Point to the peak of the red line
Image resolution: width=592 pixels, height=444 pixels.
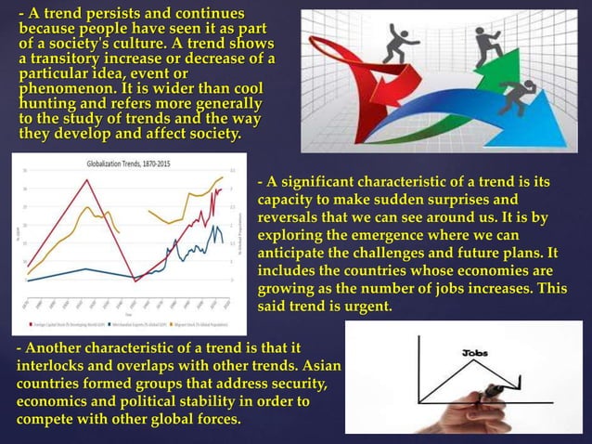point(87,179)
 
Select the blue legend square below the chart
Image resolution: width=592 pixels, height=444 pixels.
point(109,323)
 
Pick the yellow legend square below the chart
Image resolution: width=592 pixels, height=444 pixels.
point(177,323)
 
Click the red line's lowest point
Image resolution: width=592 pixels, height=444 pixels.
point(135,281)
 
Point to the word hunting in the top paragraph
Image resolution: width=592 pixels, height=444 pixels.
point(45,103)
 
